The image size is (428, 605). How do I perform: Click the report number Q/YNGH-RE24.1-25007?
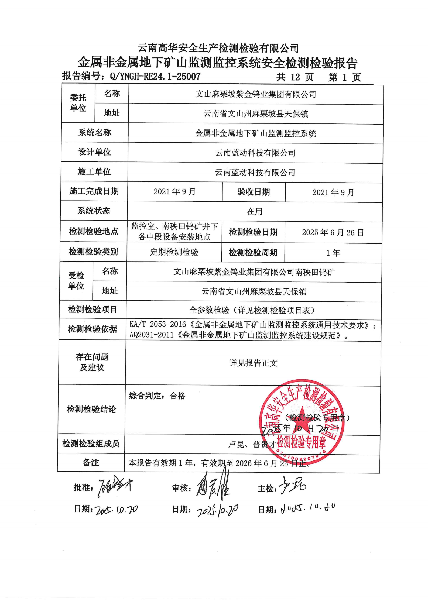[x=155, y=77]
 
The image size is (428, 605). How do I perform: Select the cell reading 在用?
[x=254, y=211]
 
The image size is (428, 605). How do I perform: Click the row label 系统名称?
[x=95, y=133]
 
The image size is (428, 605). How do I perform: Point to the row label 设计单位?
[x=94, y=152]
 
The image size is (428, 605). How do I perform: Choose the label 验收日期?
[x=254, y=192]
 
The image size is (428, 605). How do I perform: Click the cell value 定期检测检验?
[x=174, y=252]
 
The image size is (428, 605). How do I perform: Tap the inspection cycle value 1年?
[x=333, y=253]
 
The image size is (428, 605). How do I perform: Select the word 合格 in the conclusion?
[x=177, y=396]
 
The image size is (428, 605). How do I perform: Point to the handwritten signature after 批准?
[x=115, y=486]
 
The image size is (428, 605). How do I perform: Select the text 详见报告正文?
[x=253, y=363]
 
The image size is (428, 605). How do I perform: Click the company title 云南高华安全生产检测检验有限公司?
[x=218, y=48]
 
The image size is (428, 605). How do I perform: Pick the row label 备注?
[x=91, y=463]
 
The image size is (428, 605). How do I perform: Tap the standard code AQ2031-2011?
[x=152, y=335]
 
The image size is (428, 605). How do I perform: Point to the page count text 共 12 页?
[x=295, y=77]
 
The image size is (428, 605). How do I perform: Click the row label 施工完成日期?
[x=94, y=191]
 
